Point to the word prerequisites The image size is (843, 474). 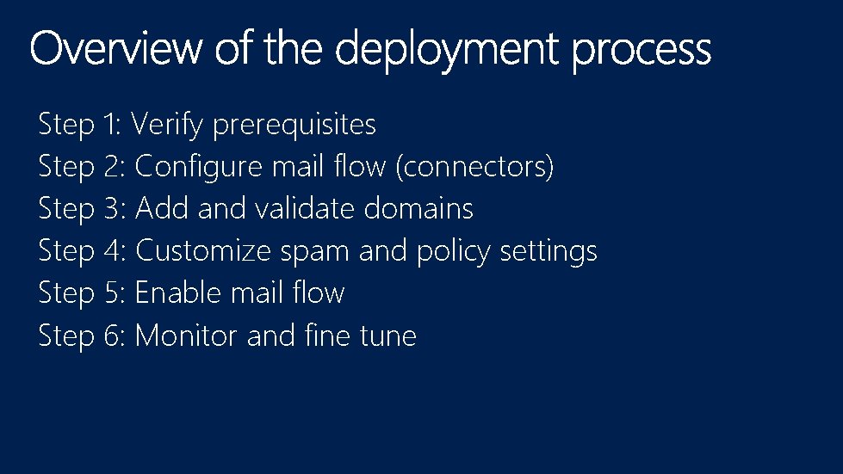point(294,126)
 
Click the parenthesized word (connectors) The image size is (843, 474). point(474,167)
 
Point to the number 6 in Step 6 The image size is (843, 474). point(114,335)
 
